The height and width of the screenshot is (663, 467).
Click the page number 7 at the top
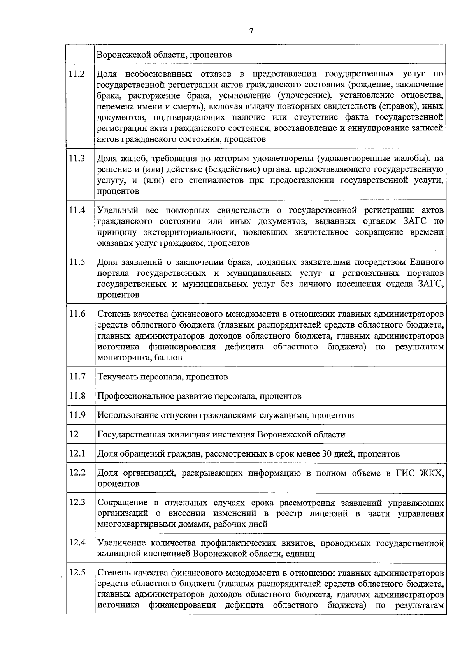pos(251,32)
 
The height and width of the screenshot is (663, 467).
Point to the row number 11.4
pos(77,210)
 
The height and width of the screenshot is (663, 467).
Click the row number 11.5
pos(77,262)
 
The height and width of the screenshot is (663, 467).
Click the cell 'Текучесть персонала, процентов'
pos(163,377)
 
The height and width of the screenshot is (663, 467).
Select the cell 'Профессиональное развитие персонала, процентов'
pos(199,396)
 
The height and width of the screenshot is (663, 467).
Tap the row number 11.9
pos(77,415)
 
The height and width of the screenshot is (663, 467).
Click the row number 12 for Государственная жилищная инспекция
pos(74,434)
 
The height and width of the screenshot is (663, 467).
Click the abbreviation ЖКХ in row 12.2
pos(432,473)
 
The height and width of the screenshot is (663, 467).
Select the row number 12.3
pos(77,502)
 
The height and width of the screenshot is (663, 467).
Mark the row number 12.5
pos(77,573)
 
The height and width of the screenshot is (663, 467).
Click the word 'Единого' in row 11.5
pos(427,262)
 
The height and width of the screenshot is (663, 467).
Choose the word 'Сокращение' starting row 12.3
pos(121,503)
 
